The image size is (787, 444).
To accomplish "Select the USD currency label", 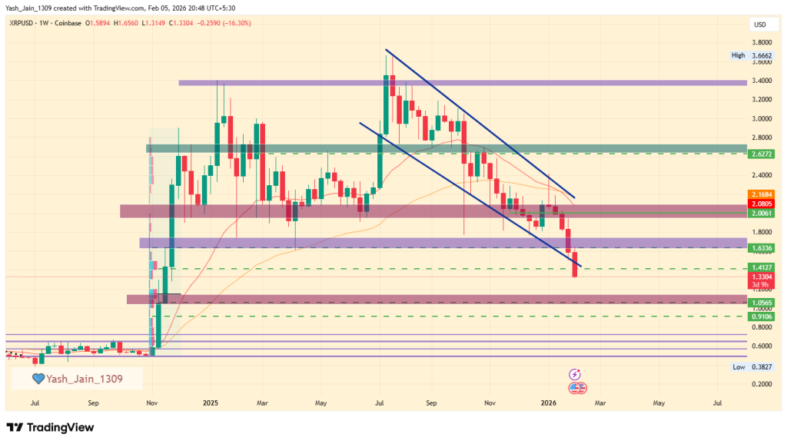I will click(x=760, y=25).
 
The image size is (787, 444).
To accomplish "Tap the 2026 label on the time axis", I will click(x=548, y=402).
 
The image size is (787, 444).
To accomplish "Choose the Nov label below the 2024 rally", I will click(x=151, y=402).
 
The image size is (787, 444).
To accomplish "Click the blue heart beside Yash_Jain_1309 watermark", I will click(x=38, y=379).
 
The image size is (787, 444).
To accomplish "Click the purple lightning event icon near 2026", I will click(x=575, y=374).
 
